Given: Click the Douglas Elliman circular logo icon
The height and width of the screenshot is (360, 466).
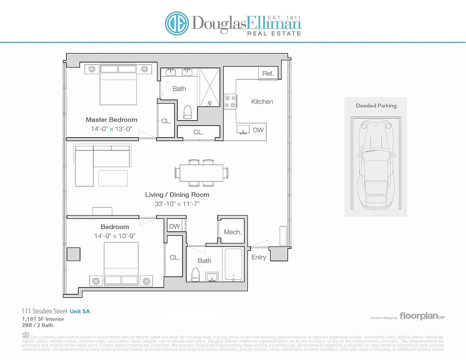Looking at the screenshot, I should [176, 23].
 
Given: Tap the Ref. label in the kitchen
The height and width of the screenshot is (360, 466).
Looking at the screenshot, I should [268, 73].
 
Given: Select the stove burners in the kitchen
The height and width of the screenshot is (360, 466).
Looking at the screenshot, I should [230, 101].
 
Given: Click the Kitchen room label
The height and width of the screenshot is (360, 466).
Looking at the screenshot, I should [262, 102].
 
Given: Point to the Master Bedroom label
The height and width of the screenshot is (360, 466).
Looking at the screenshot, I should [112, 120].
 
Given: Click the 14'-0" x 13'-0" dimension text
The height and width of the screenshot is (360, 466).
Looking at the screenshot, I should [112, 129].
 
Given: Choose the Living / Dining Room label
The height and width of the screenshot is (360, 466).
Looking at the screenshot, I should [177, 195].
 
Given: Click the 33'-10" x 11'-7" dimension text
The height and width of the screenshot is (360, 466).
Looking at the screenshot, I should [177, 204].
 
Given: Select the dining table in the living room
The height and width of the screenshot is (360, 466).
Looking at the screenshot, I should [201, 172].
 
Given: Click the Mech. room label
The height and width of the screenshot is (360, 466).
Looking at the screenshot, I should [233, 232].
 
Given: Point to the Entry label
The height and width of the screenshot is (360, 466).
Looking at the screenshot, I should [259, 257].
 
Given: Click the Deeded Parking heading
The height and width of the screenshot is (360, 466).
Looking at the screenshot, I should [376, 106].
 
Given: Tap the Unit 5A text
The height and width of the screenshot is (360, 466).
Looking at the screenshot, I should [83, 311].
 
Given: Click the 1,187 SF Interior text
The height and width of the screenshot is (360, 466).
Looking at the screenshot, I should [43, 319].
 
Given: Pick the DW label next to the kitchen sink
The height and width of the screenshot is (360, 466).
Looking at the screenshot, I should [258, 130].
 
